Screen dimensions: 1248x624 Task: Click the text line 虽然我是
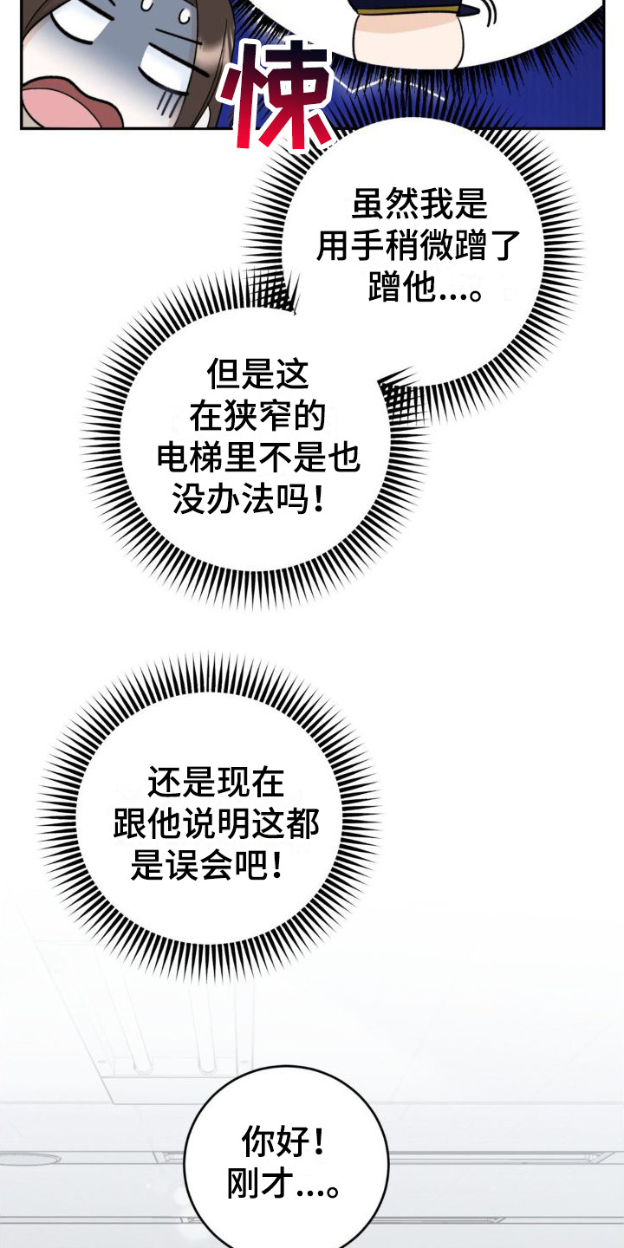(419, 205)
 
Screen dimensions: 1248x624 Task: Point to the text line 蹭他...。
(426, 289)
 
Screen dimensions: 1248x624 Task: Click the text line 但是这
(257, 375)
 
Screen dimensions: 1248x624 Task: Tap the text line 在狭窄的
(257, 417)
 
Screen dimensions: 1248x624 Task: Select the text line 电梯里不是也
(258, 458)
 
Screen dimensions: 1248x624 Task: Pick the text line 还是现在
(216, 783)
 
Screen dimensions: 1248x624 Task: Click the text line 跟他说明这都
(216, 825)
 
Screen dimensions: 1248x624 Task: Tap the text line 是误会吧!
(207, 867)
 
